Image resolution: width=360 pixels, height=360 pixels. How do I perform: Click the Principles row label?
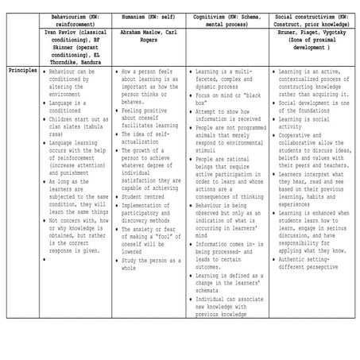(21, 71)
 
